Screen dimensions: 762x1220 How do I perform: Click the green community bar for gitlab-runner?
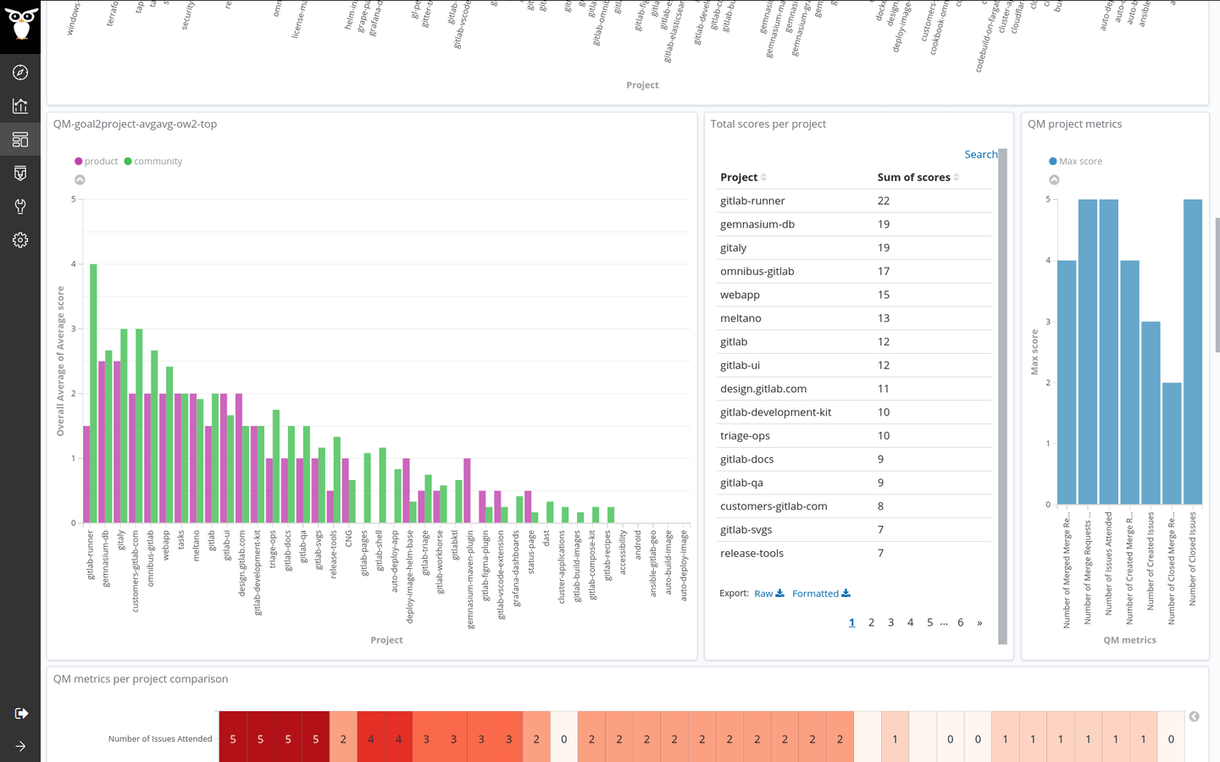click(94, 394)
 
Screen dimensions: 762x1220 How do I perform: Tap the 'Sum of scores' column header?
click(913, 177)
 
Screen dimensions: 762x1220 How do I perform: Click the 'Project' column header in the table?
click(739, 177)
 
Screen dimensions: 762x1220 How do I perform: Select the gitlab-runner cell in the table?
click(752, 201)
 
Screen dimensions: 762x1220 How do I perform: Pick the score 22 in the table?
click(884, 201)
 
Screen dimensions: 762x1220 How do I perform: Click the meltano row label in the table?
click(740, 318)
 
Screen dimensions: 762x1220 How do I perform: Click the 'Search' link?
click(980, 154)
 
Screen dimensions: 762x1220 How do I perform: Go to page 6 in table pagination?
click(960, 622)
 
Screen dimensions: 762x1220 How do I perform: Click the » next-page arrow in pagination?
click(979, 622)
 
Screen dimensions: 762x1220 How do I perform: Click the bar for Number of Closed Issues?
click(1192, 351)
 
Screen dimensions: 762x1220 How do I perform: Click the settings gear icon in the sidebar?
click(20, 240)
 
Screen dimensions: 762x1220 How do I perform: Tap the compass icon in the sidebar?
click(20, 73)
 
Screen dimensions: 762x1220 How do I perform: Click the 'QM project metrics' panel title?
click(1074, 124)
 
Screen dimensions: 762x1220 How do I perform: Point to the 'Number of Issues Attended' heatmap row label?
click(160, 739)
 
